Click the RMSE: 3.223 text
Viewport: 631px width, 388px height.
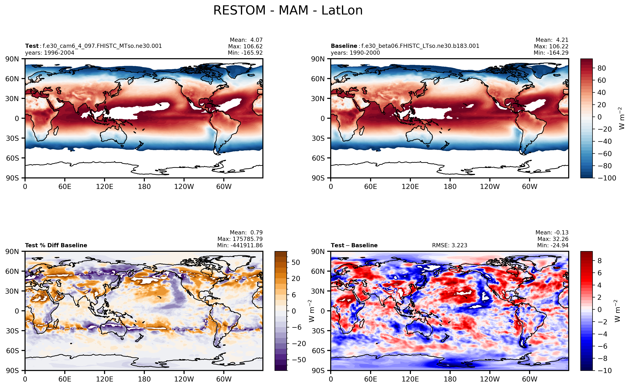point(450,245)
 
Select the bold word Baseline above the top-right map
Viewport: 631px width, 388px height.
point(344,46)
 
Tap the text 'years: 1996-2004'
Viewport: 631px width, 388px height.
point(50,53)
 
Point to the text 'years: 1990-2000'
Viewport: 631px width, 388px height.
point(355,53)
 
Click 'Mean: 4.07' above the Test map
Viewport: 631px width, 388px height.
point(246,40)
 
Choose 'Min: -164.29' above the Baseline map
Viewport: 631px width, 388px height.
point(551,53)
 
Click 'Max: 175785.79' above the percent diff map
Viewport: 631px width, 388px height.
point(240,239)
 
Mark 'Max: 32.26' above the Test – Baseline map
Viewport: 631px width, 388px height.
point(553,239)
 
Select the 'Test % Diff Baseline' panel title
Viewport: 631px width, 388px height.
point(56,245)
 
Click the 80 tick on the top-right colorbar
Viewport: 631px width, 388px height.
point(601,68)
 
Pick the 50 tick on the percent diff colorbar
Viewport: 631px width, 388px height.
point(296,262)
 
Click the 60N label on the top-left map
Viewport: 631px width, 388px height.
point(12,79)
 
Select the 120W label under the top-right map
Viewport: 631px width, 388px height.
point(490,187)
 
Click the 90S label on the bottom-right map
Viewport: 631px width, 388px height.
point(318,370)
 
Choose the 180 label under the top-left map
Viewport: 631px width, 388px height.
point(144,187)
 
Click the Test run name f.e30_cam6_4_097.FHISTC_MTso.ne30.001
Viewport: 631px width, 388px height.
point(102,46)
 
